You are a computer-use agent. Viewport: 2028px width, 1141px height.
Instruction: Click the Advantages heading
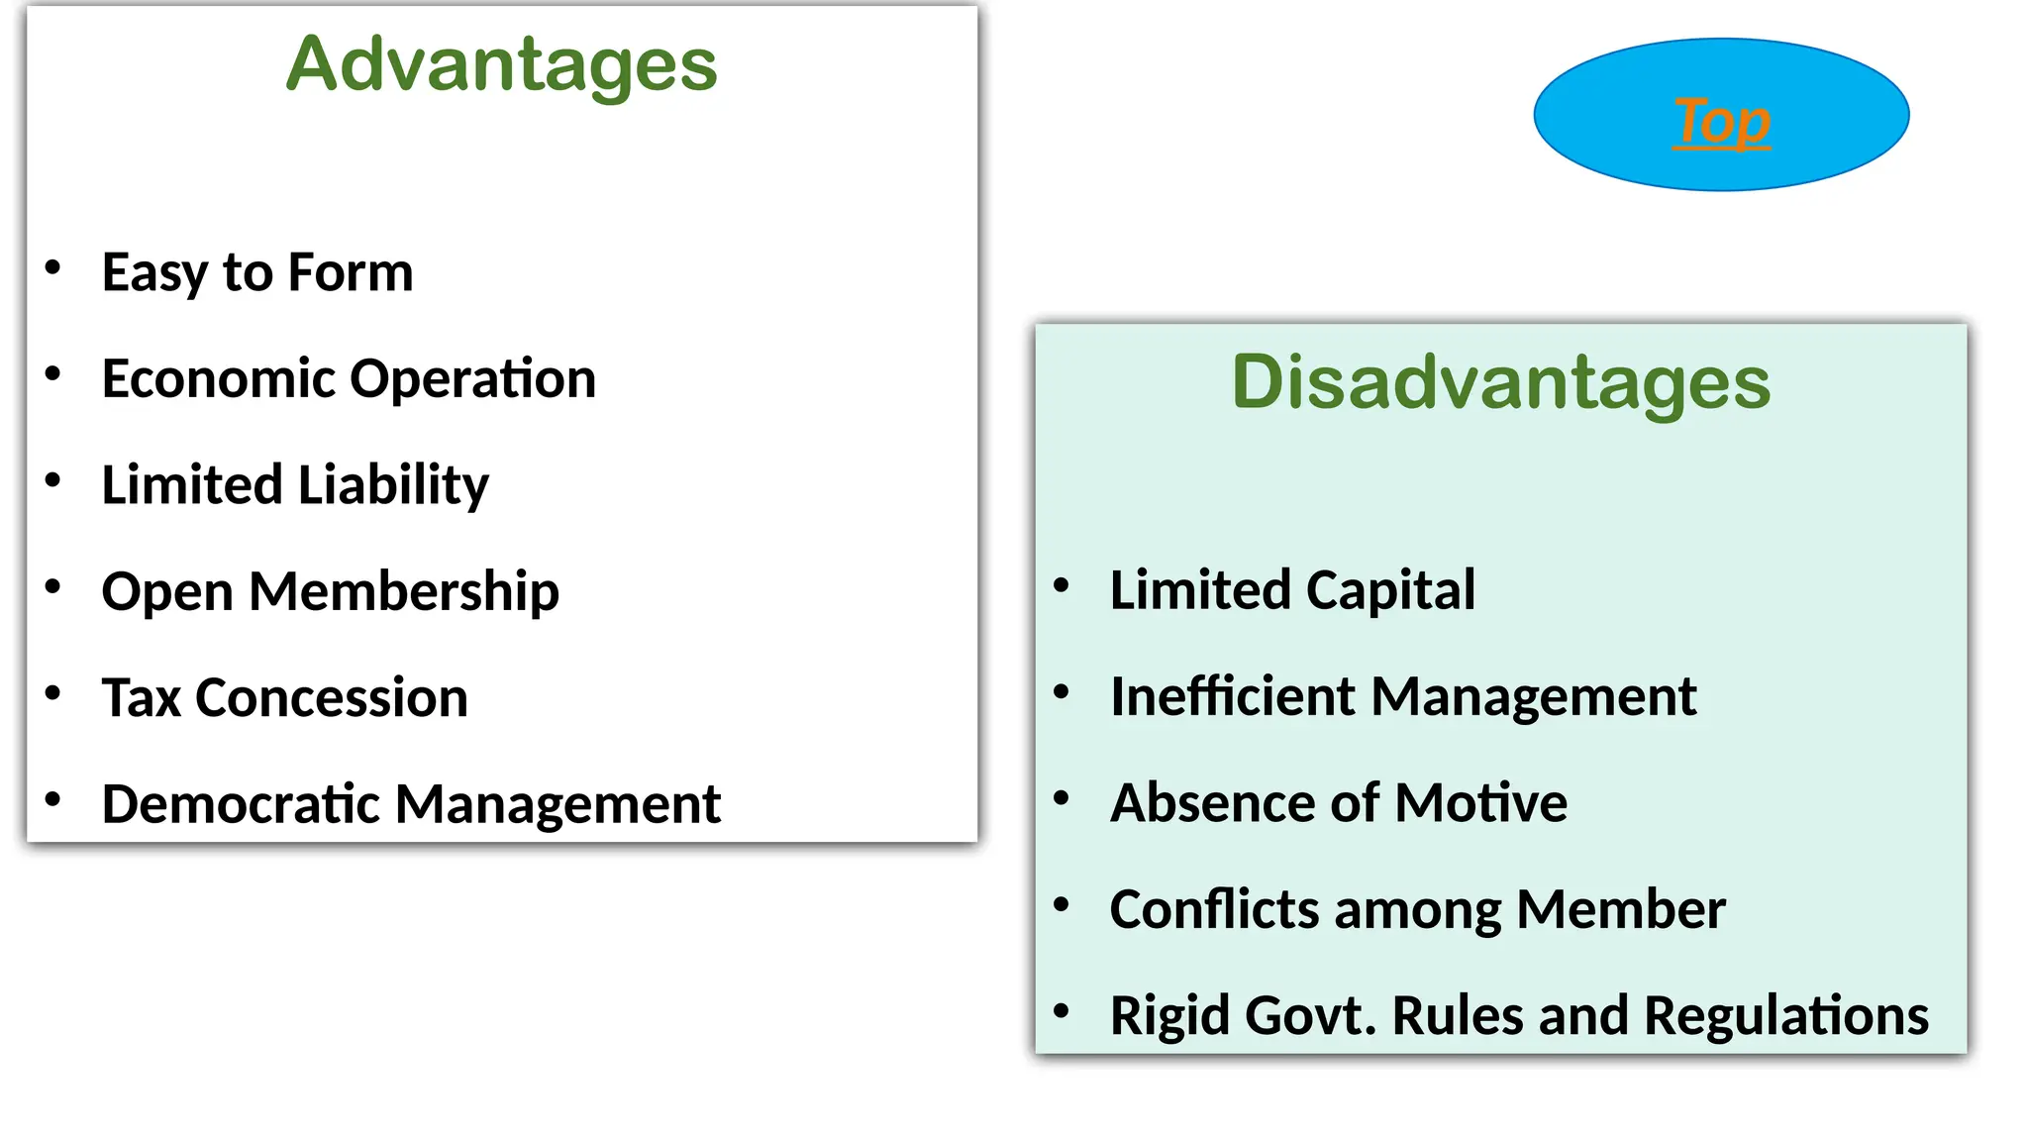coord(501,64)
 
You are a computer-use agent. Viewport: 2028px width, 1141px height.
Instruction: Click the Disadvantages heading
coord(1500,382)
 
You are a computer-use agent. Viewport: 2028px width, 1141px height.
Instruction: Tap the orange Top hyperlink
coord(1721,121)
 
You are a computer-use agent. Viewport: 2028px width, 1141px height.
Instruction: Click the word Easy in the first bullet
coord(154,272)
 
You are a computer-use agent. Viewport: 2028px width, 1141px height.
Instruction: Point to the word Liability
coord(393,485)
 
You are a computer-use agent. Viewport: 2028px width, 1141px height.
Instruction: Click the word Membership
coord(404,591)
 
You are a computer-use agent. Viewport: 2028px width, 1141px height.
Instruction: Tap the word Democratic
coord(241,803)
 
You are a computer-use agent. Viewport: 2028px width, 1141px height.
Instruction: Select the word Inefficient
coord(1231,696)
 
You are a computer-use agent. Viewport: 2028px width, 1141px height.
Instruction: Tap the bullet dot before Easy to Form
coord(53,267)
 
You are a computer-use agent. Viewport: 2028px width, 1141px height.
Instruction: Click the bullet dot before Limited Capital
coord(1062,585)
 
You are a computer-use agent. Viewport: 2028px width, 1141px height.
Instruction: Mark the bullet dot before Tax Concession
coord(53,693)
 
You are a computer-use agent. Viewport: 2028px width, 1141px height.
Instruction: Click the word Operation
coord(472,378)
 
